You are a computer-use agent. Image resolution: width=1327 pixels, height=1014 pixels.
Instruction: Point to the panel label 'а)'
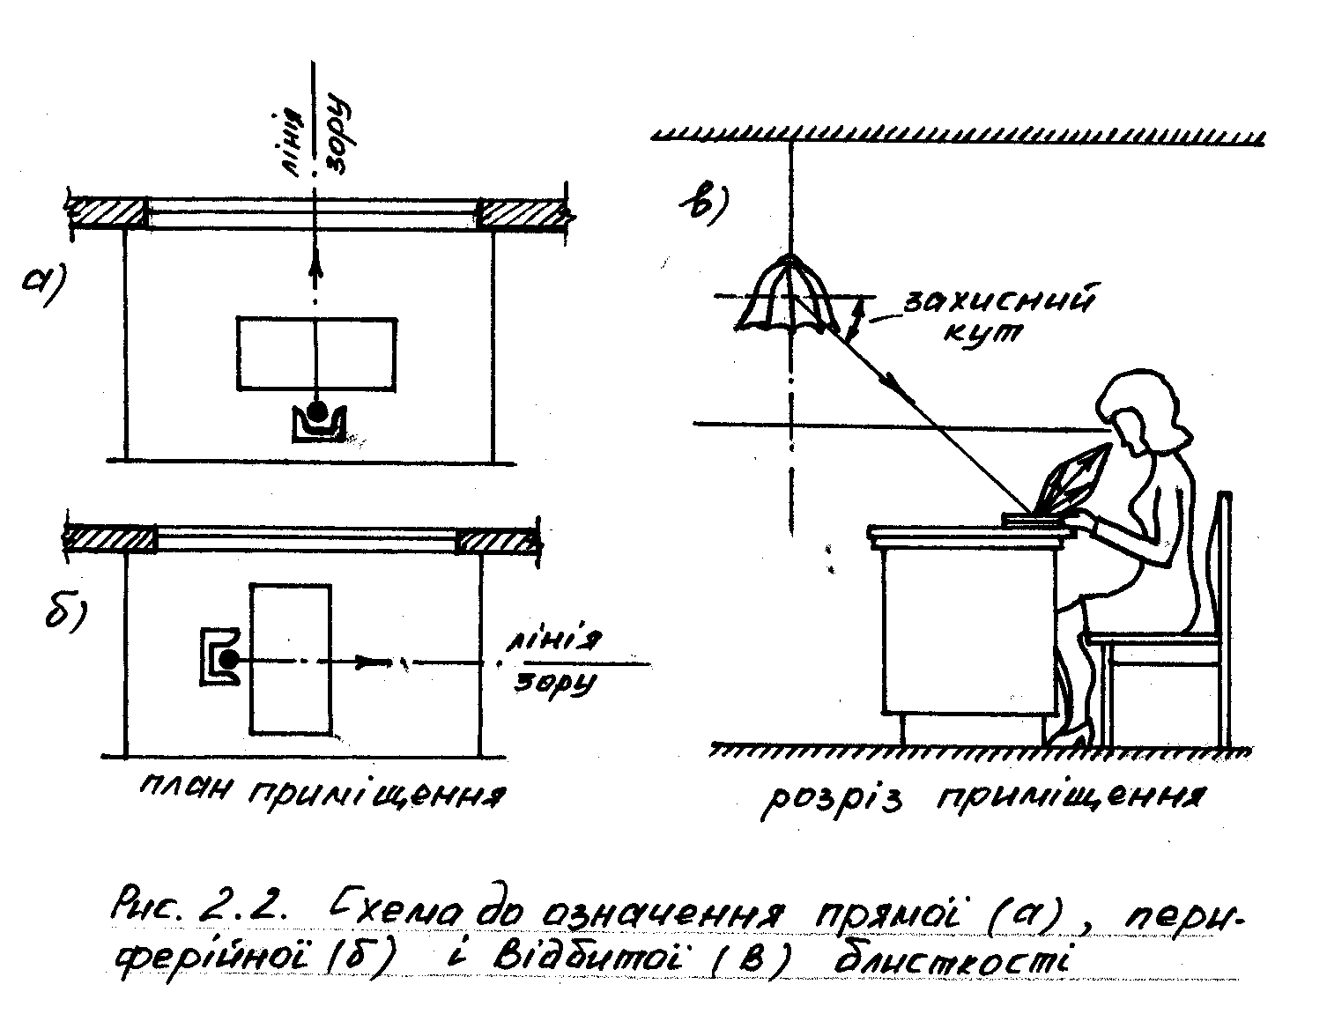45,285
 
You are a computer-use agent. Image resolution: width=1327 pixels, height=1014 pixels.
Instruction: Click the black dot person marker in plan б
229,659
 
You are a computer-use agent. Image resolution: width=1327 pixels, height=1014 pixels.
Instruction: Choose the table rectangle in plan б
291,658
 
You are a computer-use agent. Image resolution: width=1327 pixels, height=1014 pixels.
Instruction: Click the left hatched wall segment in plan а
107,213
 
